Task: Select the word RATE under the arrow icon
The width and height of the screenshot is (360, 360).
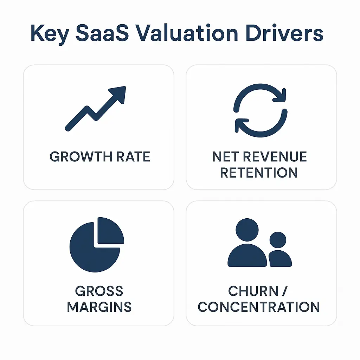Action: [x=133, y=156]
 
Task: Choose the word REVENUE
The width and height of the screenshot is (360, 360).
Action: [x=274, y=157]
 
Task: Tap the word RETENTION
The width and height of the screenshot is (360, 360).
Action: [x=259, y=173]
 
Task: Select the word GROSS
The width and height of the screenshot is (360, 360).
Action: [x=99, y=291]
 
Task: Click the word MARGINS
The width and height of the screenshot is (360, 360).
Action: [x=99, y=307]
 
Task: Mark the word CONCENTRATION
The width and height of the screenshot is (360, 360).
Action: [x=259, y=307]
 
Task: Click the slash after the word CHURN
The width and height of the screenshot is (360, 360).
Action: [x=285, y=291]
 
